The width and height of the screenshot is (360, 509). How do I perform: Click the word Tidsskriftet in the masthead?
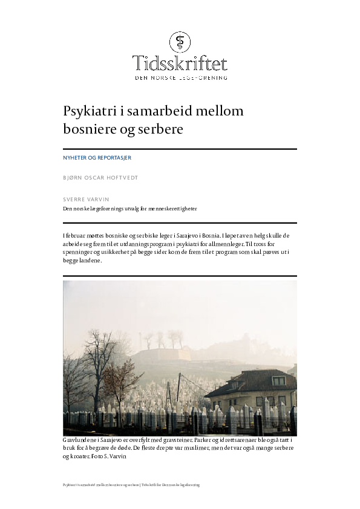tap(180, 63)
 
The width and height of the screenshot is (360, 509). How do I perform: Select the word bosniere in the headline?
tap(88, 129)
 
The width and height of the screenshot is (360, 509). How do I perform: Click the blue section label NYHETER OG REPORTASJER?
tap(97, 158)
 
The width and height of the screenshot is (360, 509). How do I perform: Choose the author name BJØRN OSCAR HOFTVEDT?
tap(100, 178)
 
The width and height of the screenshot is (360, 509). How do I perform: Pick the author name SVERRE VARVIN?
tap(87, 198)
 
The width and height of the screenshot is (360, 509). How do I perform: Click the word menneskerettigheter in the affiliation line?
tap(176, 209)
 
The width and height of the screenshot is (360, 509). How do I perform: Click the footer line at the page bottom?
tap(131, 485)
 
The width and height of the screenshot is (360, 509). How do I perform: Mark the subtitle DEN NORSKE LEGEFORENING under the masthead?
tap(180, 78)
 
